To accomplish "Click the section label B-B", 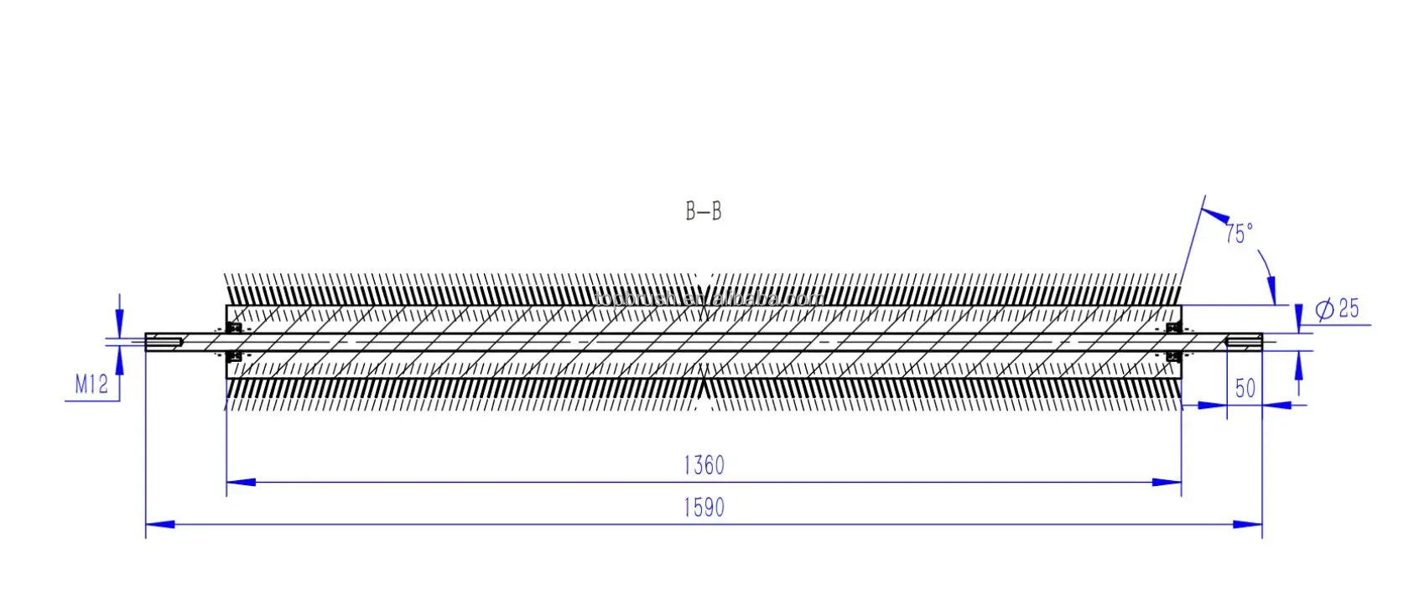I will point(703,211).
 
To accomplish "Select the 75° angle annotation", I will point(1238,234).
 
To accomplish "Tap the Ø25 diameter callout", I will point(1338,309).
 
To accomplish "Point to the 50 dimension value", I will point(1245,388).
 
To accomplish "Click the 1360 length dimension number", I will point(704,465).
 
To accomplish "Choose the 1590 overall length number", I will point(704,508).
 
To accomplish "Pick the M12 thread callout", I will point(91,385).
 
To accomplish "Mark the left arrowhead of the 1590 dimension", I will point(160,525).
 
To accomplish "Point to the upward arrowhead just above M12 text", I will point(120,359).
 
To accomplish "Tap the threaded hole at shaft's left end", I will point(165,341).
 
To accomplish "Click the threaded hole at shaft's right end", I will point(1244,341).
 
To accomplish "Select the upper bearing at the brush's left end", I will point(236,327).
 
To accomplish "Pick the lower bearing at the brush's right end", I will point(1173,357).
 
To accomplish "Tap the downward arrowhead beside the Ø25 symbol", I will point(1298,319).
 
